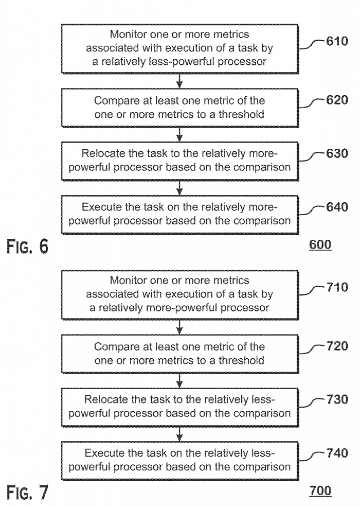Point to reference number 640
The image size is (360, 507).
click(337, 206)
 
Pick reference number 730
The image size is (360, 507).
click(337, 399)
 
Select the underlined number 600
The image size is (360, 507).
click(320, 244)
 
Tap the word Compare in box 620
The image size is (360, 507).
click(112, 101)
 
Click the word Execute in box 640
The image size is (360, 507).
click(102, 207)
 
